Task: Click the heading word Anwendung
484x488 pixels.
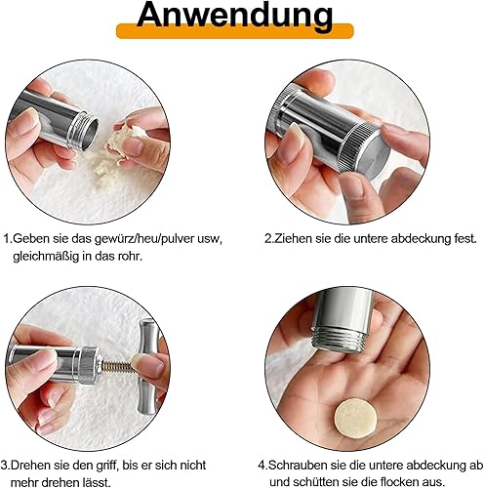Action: pyautogui.click(x=235, y=16)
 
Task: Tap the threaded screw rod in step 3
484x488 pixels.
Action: pyautogui.click(x=117, y=367)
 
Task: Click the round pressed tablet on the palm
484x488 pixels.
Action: pyautogui.click(x=356, y=418)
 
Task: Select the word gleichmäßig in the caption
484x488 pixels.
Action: pyautogui.click(x=46, y=257)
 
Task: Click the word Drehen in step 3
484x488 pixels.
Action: pyautogui.click(x=29, y=466)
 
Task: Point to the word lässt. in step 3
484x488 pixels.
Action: pyautogui.click(x=95, y=482)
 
